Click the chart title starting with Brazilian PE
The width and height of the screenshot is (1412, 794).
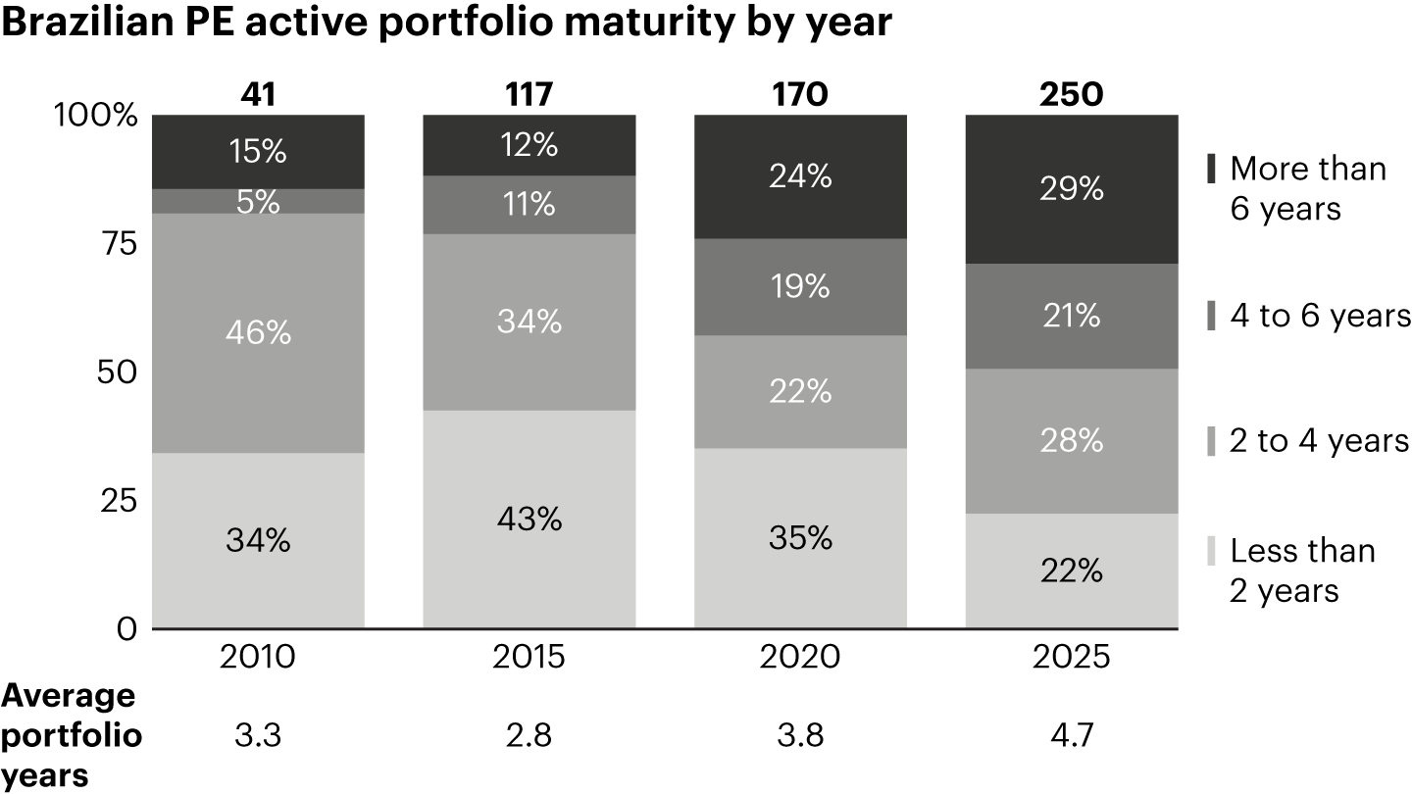coord(446,24)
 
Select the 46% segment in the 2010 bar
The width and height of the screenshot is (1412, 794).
coord(259,332)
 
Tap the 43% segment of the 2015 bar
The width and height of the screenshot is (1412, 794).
coord(529,519)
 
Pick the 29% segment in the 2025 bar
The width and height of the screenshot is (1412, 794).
coord(1072,188)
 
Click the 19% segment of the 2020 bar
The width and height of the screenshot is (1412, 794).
coord(801,286)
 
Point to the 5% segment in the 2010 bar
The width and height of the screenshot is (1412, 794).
coord(259,201)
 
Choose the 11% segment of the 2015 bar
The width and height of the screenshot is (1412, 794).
coord(529,204)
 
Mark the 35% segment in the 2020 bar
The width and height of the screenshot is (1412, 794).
coord(801,538)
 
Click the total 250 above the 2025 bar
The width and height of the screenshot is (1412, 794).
coord(1072,94)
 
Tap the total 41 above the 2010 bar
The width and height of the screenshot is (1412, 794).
coord(259,94)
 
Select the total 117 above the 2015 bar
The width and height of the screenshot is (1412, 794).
coord(529,94)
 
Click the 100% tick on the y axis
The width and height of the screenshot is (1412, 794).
coord(95,116)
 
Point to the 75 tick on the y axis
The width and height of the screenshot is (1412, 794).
coord(116,244)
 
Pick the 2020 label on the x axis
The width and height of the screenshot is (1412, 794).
coord(801,655)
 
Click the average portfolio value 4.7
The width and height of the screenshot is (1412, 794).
coord(1072,735)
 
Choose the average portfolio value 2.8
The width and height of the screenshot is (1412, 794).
coord(529,735)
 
